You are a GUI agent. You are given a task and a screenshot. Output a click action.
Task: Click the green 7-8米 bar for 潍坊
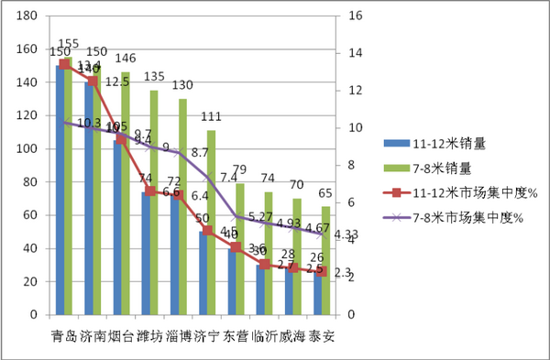tap(154, 202)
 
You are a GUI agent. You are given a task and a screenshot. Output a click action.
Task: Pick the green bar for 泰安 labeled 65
tap(325, 260)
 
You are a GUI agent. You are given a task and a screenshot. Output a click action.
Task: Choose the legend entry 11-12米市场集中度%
tap(448, 192)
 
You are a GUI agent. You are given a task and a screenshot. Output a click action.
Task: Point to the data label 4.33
tap(346, 235)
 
